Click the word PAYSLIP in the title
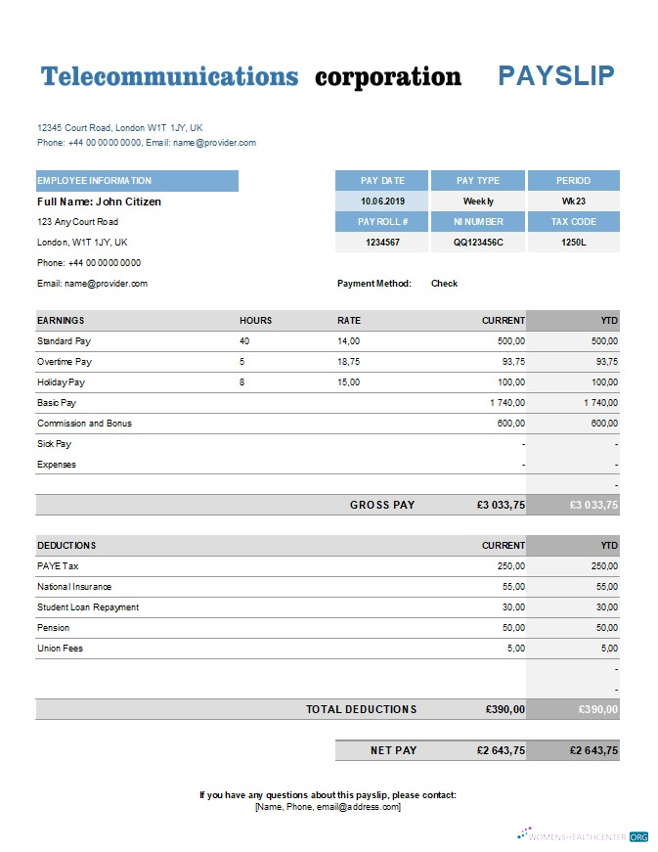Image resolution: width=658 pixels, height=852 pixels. point(556,76)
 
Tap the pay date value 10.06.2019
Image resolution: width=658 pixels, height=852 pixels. point(381,202)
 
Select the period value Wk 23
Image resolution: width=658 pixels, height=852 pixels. point(573,202)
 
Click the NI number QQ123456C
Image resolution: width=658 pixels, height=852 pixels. point(478,242)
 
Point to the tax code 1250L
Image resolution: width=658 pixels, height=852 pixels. point(573,242)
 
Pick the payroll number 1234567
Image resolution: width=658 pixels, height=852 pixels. point(381,242)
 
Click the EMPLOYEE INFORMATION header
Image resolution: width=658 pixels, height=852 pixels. point(95,181)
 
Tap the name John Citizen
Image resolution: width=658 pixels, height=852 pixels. point(127,202)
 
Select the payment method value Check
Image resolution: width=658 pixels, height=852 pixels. point(444,284)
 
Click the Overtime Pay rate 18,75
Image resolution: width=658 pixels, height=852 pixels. point(348,362)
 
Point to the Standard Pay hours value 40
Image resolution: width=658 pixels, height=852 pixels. point(244,341)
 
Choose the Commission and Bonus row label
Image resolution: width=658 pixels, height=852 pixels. point(84,424)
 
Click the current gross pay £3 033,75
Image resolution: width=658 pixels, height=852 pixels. point(501,506)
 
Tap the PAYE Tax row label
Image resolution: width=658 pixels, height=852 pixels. point(58,566)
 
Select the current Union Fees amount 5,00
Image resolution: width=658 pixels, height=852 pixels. point(514,649)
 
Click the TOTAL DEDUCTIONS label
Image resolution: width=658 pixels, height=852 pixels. point(361,709)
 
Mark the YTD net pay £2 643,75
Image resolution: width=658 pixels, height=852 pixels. point(593,750)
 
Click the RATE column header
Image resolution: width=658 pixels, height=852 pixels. point(349,321)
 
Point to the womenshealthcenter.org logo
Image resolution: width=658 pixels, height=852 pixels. point(583,836)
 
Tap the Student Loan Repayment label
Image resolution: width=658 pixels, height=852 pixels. point(88,607)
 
